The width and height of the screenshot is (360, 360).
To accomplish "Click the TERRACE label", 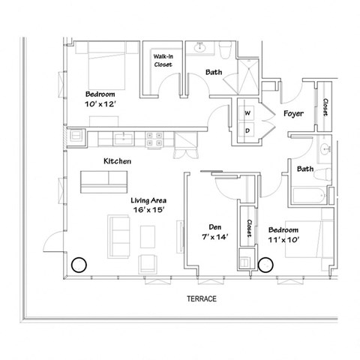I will pos(202,298).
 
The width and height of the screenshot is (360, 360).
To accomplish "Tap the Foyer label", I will pos(292,114).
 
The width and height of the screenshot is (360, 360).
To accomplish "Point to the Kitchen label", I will pos(118,161).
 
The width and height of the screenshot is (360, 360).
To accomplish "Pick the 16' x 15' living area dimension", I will pos(148,211).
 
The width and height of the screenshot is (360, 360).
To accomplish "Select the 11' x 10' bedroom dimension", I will pos(283,240).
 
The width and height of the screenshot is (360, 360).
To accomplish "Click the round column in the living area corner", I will pos(78,264).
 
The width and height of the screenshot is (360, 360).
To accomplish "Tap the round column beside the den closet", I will pos(265,263).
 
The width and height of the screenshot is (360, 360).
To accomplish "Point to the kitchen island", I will pos(106,180).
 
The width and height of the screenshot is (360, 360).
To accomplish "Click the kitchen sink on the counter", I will pos(124,137).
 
